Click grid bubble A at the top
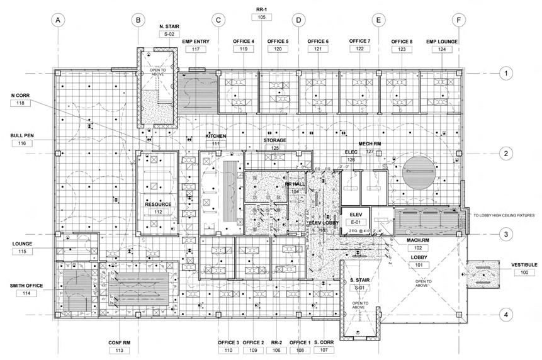coord(58,20)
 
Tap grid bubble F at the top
coord(459,20)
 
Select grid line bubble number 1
coord(504,74)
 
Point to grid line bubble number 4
coord(504,314)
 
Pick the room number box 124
coord(441,48)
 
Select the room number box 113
coord(118,351)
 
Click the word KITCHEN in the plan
coord(215,137)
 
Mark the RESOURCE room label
coord(157,205)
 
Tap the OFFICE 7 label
coord(359,41)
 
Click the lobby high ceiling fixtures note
coord(504,215)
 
